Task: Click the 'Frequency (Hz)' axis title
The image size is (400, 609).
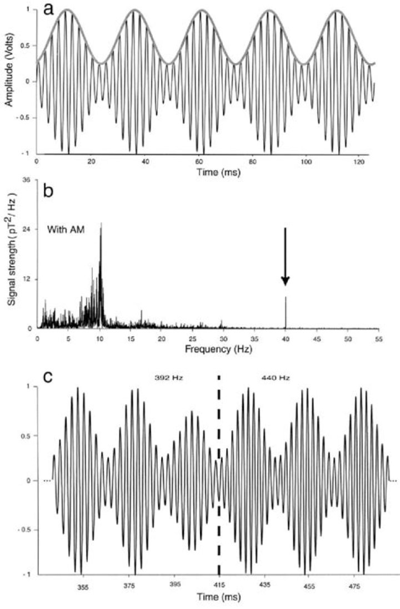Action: coord(207,350)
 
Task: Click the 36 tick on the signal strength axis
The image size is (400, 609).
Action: coord(26,180)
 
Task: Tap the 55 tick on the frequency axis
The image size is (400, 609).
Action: coord(378,337)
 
